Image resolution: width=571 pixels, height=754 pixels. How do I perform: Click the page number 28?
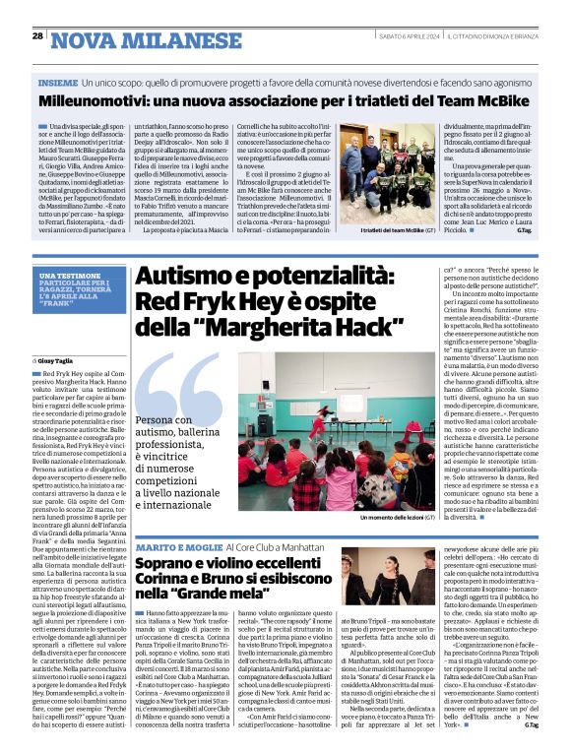(x=36, y=35)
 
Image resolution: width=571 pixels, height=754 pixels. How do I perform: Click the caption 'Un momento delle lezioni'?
(x=398, y=517)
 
